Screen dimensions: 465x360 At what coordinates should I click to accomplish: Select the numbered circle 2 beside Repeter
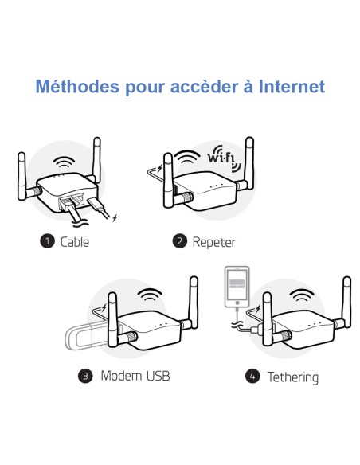point(179,241)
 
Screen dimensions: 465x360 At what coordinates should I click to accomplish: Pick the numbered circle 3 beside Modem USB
point(86,375)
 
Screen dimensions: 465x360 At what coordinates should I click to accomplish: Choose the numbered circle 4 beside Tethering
point(253,376)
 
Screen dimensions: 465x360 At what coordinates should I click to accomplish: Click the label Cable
point(75,241)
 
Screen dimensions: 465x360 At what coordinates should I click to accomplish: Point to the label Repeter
point(214,241)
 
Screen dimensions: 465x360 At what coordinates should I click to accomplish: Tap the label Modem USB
point(135,375)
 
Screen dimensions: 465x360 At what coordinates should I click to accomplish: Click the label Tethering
point(293,376)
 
